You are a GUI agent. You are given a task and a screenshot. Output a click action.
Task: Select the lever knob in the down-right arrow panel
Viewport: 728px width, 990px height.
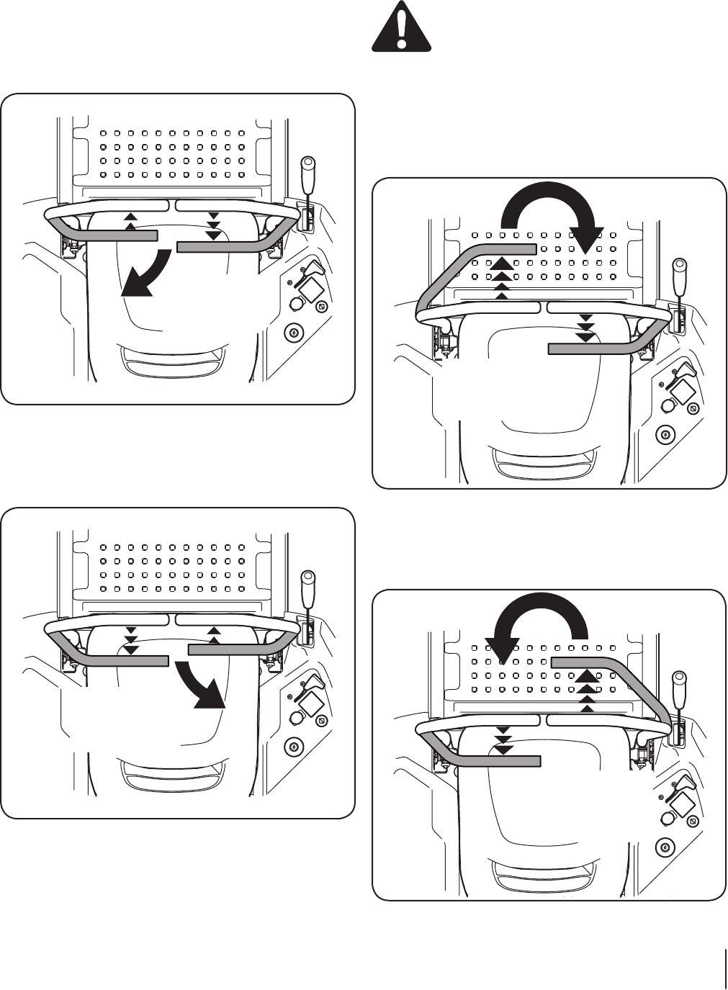click(307, 579)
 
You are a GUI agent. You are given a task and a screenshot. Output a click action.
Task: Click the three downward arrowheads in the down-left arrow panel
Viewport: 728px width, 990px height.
click(213, 226)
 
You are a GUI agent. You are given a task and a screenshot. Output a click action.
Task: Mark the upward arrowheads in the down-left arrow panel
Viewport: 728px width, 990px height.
click(130, 221)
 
